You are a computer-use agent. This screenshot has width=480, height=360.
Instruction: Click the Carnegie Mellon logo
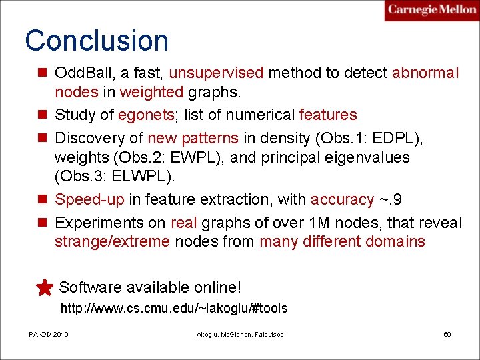click(431, 11)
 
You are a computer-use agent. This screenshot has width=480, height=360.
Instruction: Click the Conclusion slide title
click(97, 41)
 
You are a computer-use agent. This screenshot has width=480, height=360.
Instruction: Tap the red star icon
click(45, 288)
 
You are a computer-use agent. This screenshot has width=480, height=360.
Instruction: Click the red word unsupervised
click(217, 73)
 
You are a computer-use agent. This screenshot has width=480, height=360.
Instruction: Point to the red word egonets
click(146, 115)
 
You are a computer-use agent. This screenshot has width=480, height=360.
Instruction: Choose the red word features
click(328, 115)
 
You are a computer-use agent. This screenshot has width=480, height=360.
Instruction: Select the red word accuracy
click(342, 199)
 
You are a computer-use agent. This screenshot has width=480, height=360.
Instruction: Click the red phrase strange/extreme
click(112, 241)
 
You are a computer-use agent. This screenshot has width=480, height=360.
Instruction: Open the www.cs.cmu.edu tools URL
click(174, 308)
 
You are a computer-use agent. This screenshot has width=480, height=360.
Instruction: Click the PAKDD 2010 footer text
click(48, 334)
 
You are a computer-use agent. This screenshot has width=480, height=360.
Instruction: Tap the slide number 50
click(447, 334)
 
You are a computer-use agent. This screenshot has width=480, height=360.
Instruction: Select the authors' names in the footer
click(240, 334)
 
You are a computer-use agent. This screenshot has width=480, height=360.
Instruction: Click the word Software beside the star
click(90, 288)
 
